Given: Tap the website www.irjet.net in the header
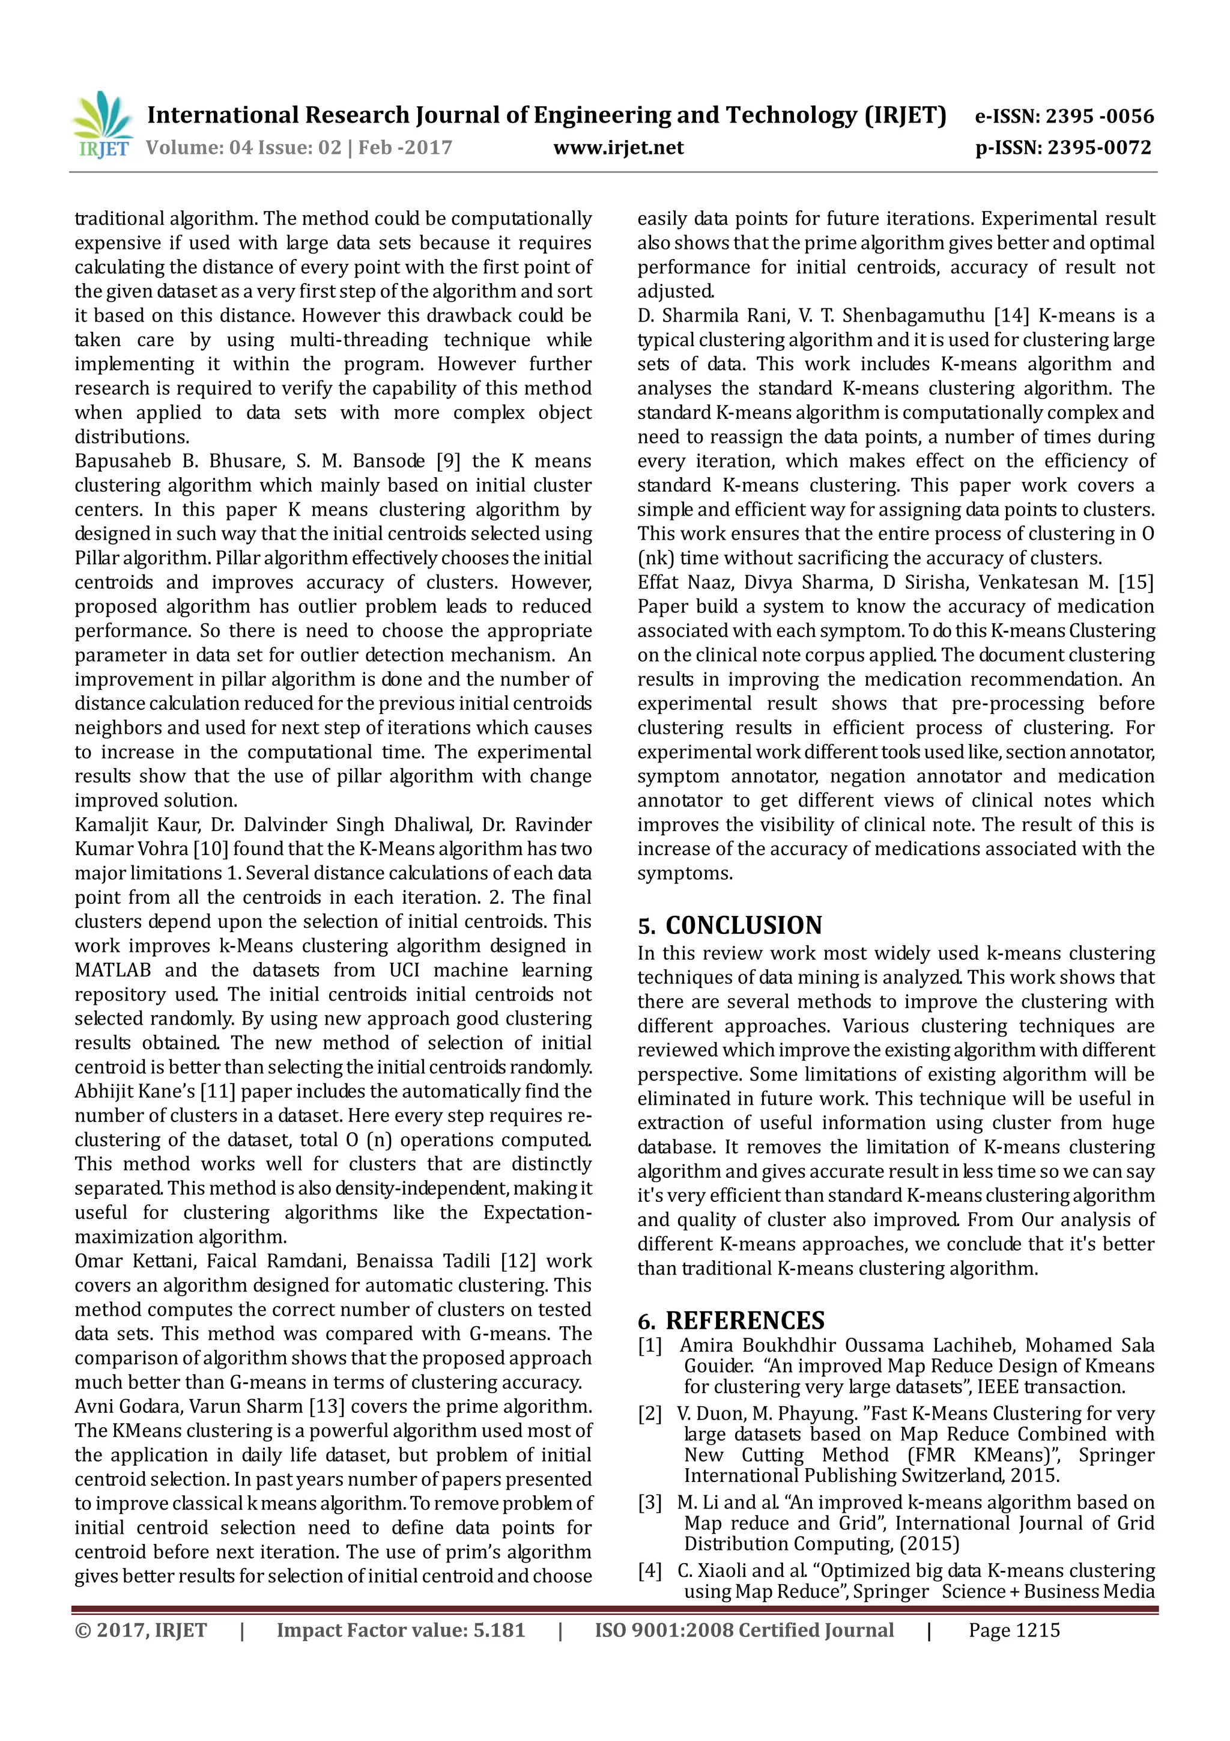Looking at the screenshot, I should coord(619,148).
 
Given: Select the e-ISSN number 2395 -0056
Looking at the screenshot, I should coord(1100,116).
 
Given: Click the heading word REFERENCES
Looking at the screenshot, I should coord(745,1320).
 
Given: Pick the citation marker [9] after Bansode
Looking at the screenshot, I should coord(448,461).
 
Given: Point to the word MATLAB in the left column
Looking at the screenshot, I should coord(112,970).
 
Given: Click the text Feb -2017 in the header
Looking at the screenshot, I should coord(405,148).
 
